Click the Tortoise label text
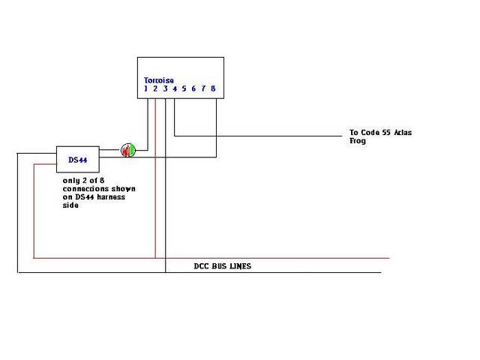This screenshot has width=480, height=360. click(x=159, y=80)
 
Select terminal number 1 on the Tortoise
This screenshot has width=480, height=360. click(x=145, y=88)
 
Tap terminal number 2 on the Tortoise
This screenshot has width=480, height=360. click(x=155, y=88)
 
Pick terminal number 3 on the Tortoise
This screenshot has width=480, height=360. click(x=165, y=88)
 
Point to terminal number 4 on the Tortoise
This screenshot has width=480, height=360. click(x=175, y=88)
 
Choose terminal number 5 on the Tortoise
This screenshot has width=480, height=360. click(x=184, y=88)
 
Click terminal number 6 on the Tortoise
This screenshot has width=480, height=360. click(x=193, y=88)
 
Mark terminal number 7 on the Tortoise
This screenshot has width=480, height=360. click(x=203, y=88)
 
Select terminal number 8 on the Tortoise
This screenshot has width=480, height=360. click(x=213, y=88)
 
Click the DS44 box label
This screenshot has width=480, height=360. click(x=78, y=160)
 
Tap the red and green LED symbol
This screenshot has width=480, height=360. click(x=128, y=150)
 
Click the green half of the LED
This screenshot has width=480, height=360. click(x=132, y=150)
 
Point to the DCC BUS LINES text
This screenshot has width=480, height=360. click(x=223, y=266)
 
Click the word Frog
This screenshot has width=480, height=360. click(x=358, y=141)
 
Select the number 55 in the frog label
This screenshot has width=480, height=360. click(x=386, y=133)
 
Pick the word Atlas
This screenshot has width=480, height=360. click(x=403, y=133)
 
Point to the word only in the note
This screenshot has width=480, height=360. click(x=71, y=181)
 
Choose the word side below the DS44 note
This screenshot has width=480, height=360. click(x=70, y=205)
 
